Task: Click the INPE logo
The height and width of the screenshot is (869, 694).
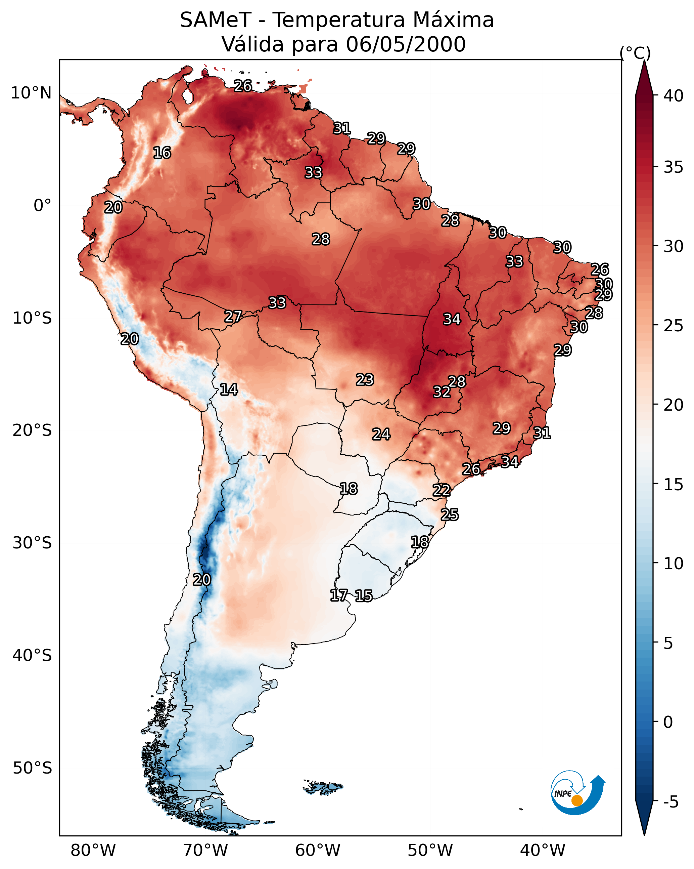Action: click(577, 794)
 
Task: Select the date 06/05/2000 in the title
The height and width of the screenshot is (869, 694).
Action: click(406, 44)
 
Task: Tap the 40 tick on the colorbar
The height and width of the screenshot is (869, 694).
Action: click(673, 96)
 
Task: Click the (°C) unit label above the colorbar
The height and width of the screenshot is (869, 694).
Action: click(635, 53)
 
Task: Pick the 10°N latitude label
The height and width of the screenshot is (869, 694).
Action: click(31, 93)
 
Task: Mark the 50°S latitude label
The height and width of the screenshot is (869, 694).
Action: click(32, 768)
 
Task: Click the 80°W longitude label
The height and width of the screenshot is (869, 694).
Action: click(93, 851)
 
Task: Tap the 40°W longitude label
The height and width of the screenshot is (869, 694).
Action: click(543, 851)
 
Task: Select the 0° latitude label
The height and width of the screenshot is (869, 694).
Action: click(42, 206)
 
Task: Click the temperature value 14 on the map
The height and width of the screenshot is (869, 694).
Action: click(229, 389)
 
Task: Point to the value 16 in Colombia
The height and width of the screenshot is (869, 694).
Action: click(162, 153)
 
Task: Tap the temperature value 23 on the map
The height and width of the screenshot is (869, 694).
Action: click(365, 380)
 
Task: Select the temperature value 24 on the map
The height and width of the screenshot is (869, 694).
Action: click(381, 434)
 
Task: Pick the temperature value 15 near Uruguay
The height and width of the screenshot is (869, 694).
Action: click(364, 596)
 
